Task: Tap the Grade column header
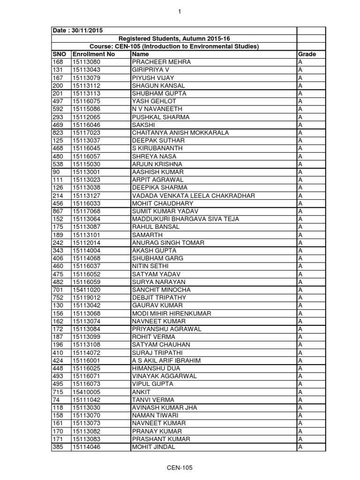coord(307,54)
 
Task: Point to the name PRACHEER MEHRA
coord(161,62)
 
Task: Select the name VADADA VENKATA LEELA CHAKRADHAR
coord(194,195)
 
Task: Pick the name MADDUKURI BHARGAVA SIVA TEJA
coord(186,219)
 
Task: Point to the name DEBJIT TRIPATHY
coord(159,298)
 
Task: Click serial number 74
coord(56,400)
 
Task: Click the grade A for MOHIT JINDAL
coord(300,447)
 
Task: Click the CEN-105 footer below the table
coord(180,468)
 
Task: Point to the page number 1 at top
coord(180,12)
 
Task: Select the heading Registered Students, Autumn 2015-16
coord(174,38)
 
